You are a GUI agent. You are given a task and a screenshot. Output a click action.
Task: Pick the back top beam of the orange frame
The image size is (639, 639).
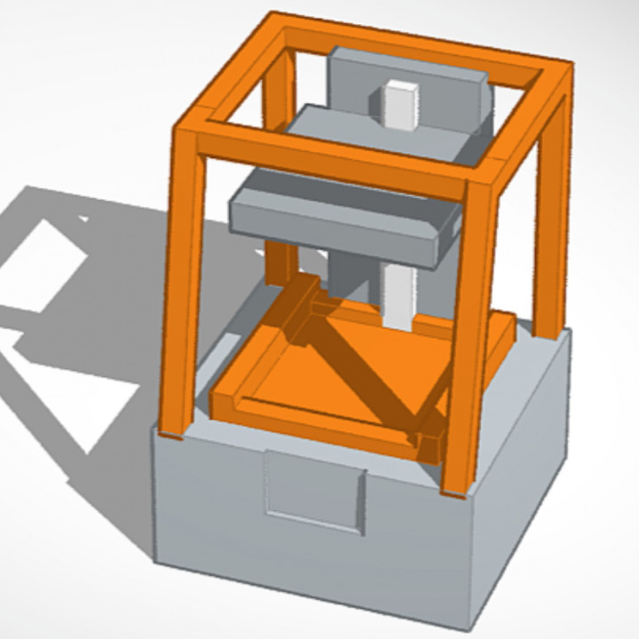pos(417,40)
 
